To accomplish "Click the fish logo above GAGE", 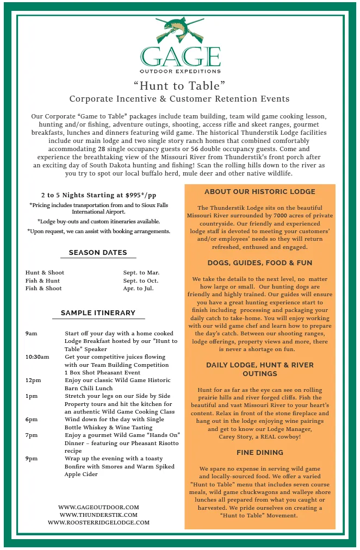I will point(180,30).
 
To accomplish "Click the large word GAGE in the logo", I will point(180,57).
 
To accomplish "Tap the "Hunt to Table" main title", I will point(179,85).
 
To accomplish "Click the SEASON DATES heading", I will point(98,253).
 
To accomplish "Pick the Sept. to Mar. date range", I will point(141,273).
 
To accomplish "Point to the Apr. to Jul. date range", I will point(138,289).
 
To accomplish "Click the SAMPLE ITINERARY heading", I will point(98,313).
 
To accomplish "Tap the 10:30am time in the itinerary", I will point(37,357).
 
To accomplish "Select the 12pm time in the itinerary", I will point(33,380).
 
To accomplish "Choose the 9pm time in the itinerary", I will point(31,459).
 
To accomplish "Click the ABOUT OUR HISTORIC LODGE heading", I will point(260,192).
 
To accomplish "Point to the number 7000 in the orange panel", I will point(281,216).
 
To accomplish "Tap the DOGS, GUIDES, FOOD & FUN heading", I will point(260,263).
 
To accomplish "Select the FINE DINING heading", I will point(260,453).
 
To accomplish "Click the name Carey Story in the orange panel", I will point(239,437).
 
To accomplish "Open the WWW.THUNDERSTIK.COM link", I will point(98,515).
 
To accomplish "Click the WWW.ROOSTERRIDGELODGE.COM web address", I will point(98,522).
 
